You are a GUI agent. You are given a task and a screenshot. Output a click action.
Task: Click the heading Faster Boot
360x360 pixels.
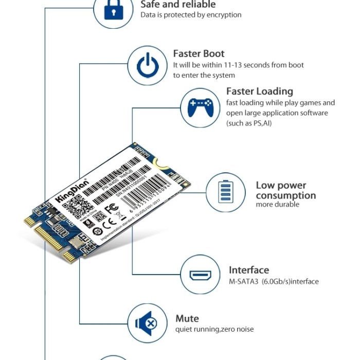pyautogui.click(x=199, y=53)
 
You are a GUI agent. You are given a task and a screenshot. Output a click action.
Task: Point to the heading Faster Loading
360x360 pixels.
pyautogui.click(x=259, y=92)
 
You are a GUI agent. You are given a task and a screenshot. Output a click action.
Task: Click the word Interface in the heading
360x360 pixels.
pyautogui.click(x=249, y=270)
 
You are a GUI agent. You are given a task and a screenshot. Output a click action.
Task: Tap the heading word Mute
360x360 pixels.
pyautogui.click(x=187, y=318)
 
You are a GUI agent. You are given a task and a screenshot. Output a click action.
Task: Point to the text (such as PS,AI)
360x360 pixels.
pyautogui.click(x=249, y=123)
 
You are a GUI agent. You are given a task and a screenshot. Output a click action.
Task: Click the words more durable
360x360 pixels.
pyautogui.click(x=277, y=205)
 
